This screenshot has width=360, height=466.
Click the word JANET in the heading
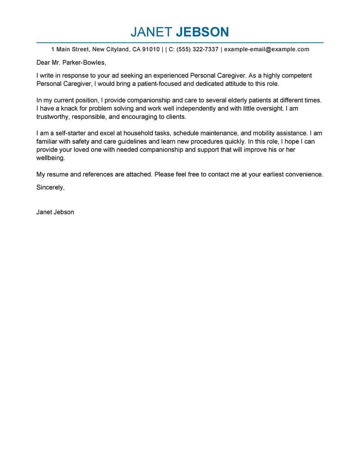click(x=151, y=32)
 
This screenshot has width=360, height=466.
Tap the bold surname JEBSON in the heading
click(x=202, y=32)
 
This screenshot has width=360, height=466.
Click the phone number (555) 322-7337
click(x=198, y=49)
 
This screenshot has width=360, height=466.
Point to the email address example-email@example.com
click(x=267, y=49)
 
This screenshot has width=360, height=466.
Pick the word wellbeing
click(x=51, y=158)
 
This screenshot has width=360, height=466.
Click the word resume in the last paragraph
click(x=58, y=174)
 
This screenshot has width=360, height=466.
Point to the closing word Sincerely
click(x=50, y=188)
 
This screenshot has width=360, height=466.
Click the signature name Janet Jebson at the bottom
click(x=55, y=212)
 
